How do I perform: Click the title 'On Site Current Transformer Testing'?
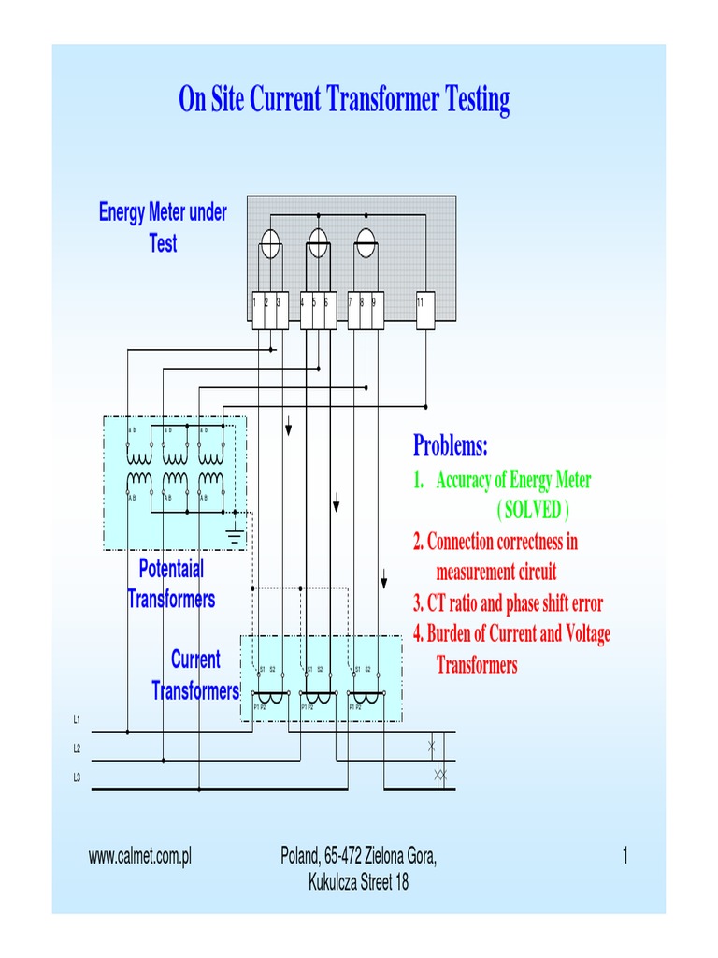344,100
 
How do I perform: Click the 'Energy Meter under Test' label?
163,227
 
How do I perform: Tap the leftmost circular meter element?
269,244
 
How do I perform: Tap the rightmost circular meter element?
365,244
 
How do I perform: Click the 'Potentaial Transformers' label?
171,583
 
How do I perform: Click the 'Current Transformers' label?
195,675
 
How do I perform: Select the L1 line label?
78,719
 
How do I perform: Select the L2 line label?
78,748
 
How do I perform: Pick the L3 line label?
78,777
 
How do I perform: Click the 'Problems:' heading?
451,446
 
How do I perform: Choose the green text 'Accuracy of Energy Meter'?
512,480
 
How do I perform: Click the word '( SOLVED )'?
530,510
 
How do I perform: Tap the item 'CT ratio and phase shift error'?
508,602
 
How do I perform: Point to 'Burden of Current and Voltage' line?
511,634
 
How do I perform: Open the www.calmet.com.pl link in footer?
139,856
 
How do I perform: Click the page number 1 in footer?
625,856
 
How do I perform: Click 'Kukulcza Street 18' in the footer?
358,882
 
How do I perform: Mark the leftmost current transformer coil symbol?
271,698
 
